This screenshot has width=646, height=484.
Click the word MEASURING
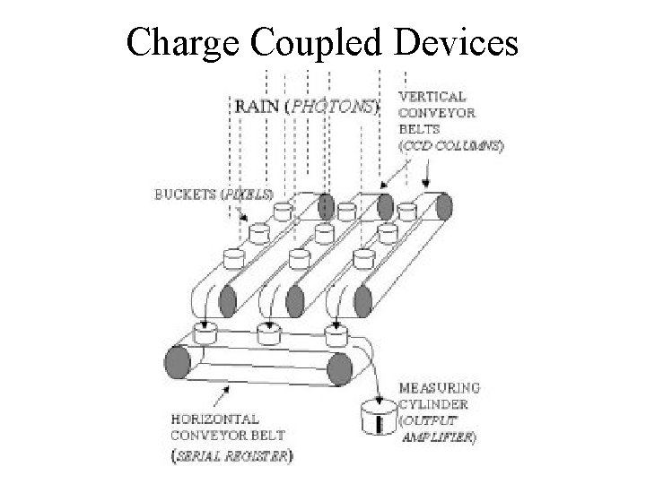[x=439, y=387]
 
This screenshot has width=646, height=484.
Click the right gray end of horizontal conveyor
[x=338, y=367]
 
